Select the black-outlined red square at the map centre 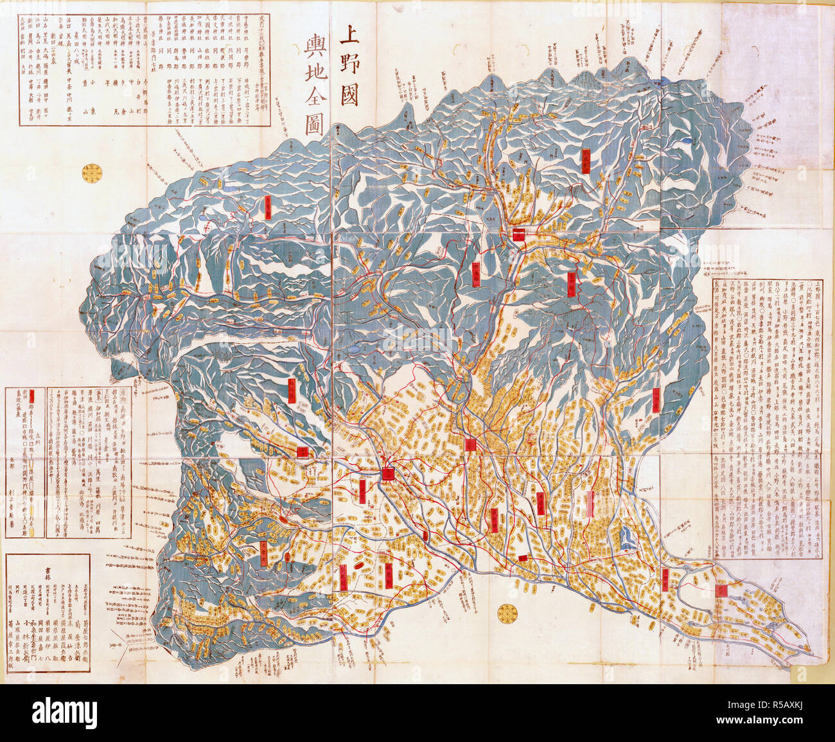tap(388, 474)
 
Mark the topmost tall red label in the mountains tap(586, 160)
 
